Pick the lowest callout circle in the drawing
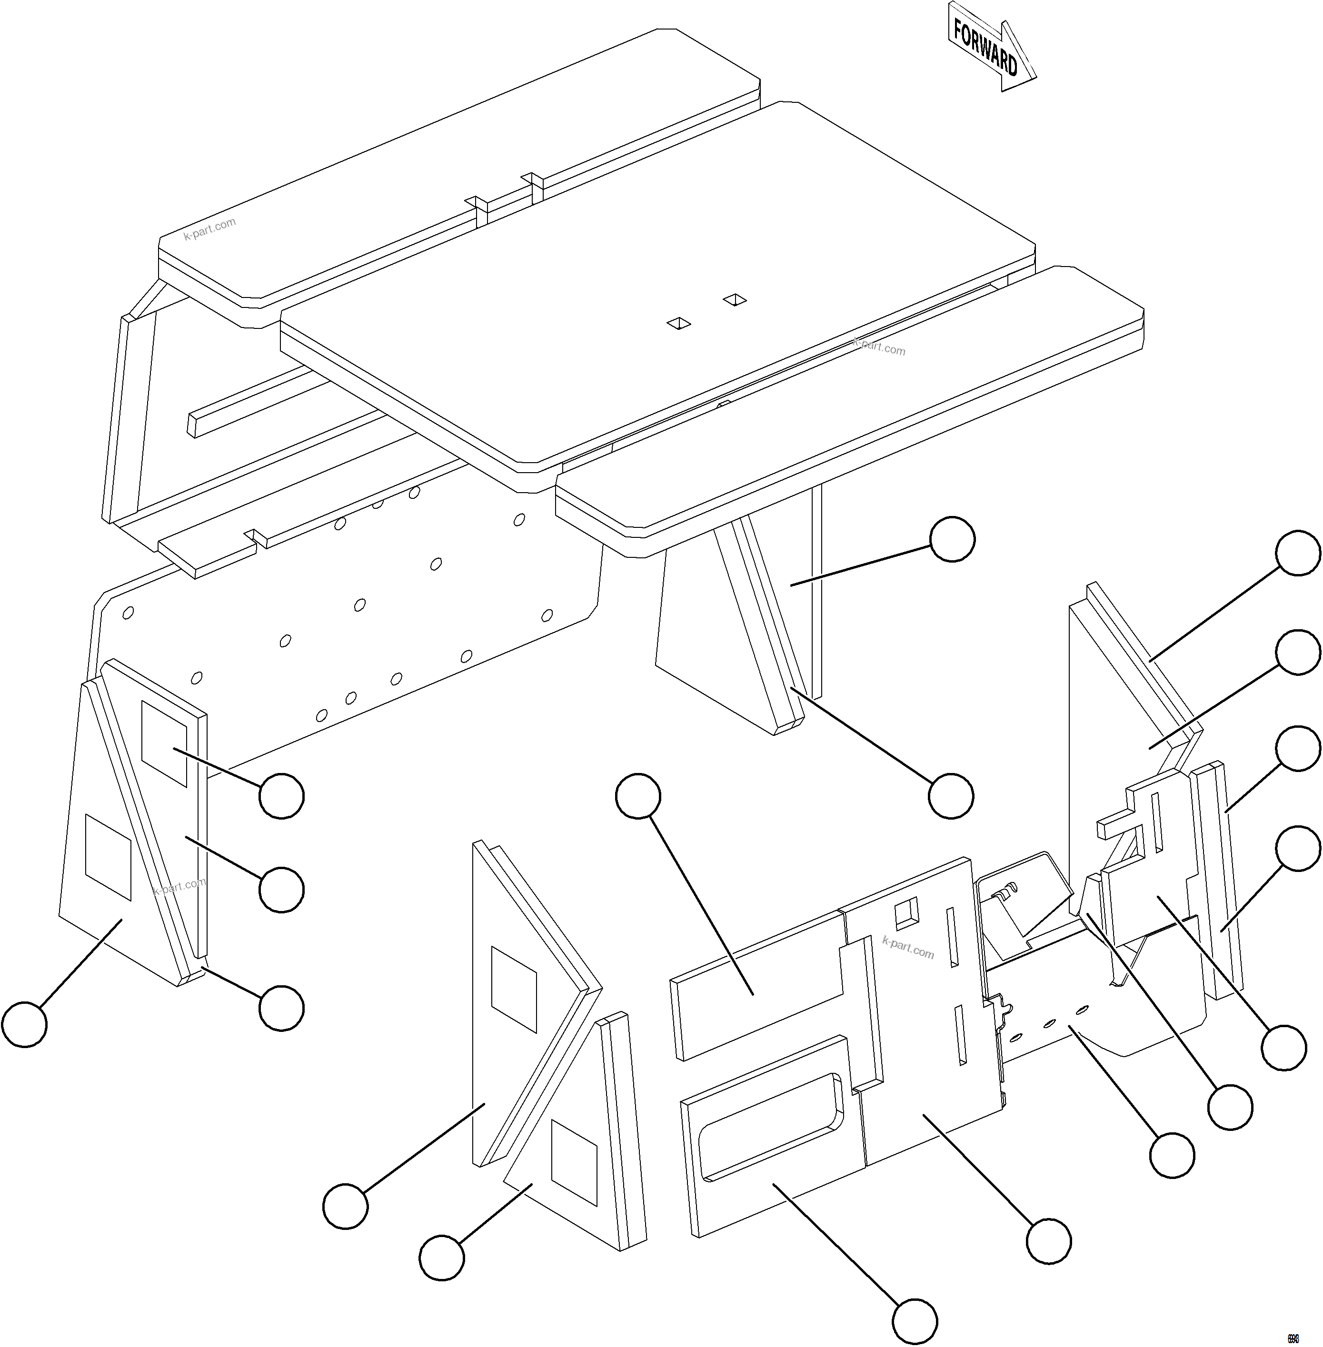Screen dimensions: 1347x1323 pos(915,1321)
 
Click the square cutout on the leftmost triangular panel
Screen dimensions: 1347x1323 pos(108,857)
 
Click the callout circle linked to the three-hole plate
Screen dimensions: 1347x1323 pos(1172,1155)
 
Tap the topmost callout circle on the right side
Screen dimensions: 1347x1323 pos(1297,553)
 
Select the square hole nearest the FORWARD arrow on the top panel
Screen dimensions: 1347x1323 pos(735,299)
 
